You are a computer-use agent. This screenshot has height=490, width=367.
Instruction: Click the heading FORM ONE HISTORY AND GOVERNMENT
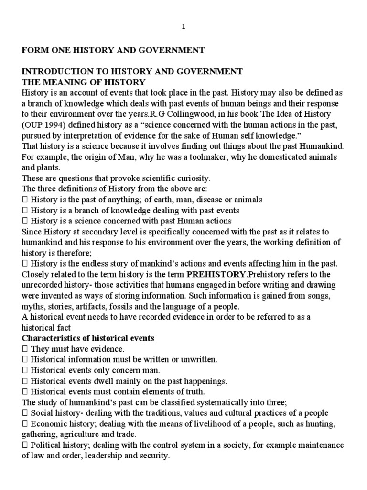113,50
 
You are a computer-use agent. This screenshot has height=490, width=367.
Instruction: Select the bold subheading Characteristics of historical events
88,338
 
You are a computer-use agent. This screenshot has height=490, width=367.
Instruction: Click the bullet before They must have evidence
24,349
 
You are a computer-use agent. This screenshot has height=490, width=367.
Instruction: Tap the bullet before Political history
24,445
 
